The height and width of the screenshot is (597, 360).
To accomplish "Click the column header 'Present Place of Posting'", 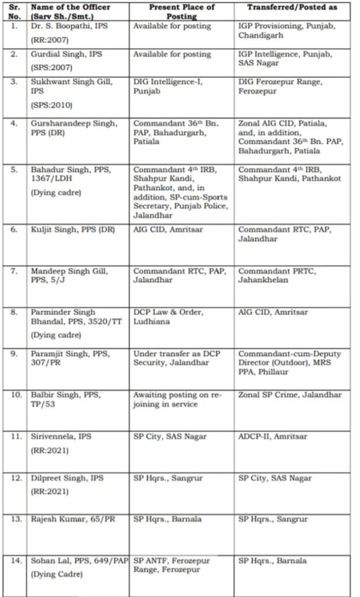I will (x=182, y=12).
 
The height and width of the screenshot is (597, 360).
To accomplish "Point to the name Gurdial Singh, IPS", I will (x=66, y=54).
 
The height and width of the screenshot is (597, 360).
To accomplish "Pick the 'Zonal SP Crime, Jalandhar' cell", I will (x=289, y=395).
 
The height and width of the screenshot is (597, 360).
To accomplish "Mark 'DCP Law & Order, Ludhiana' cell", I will (x=168, y=317).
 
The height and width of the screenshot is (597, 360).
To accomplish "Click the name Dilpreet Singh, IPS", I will (x=67, y=478).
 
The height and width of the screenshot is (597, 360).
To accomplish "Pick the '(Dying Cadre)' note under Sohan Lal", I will (x=56, y=574).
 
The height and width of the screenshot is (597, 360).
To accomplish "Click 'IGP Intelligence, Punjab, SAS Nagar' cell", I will (x=284, y=58).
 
